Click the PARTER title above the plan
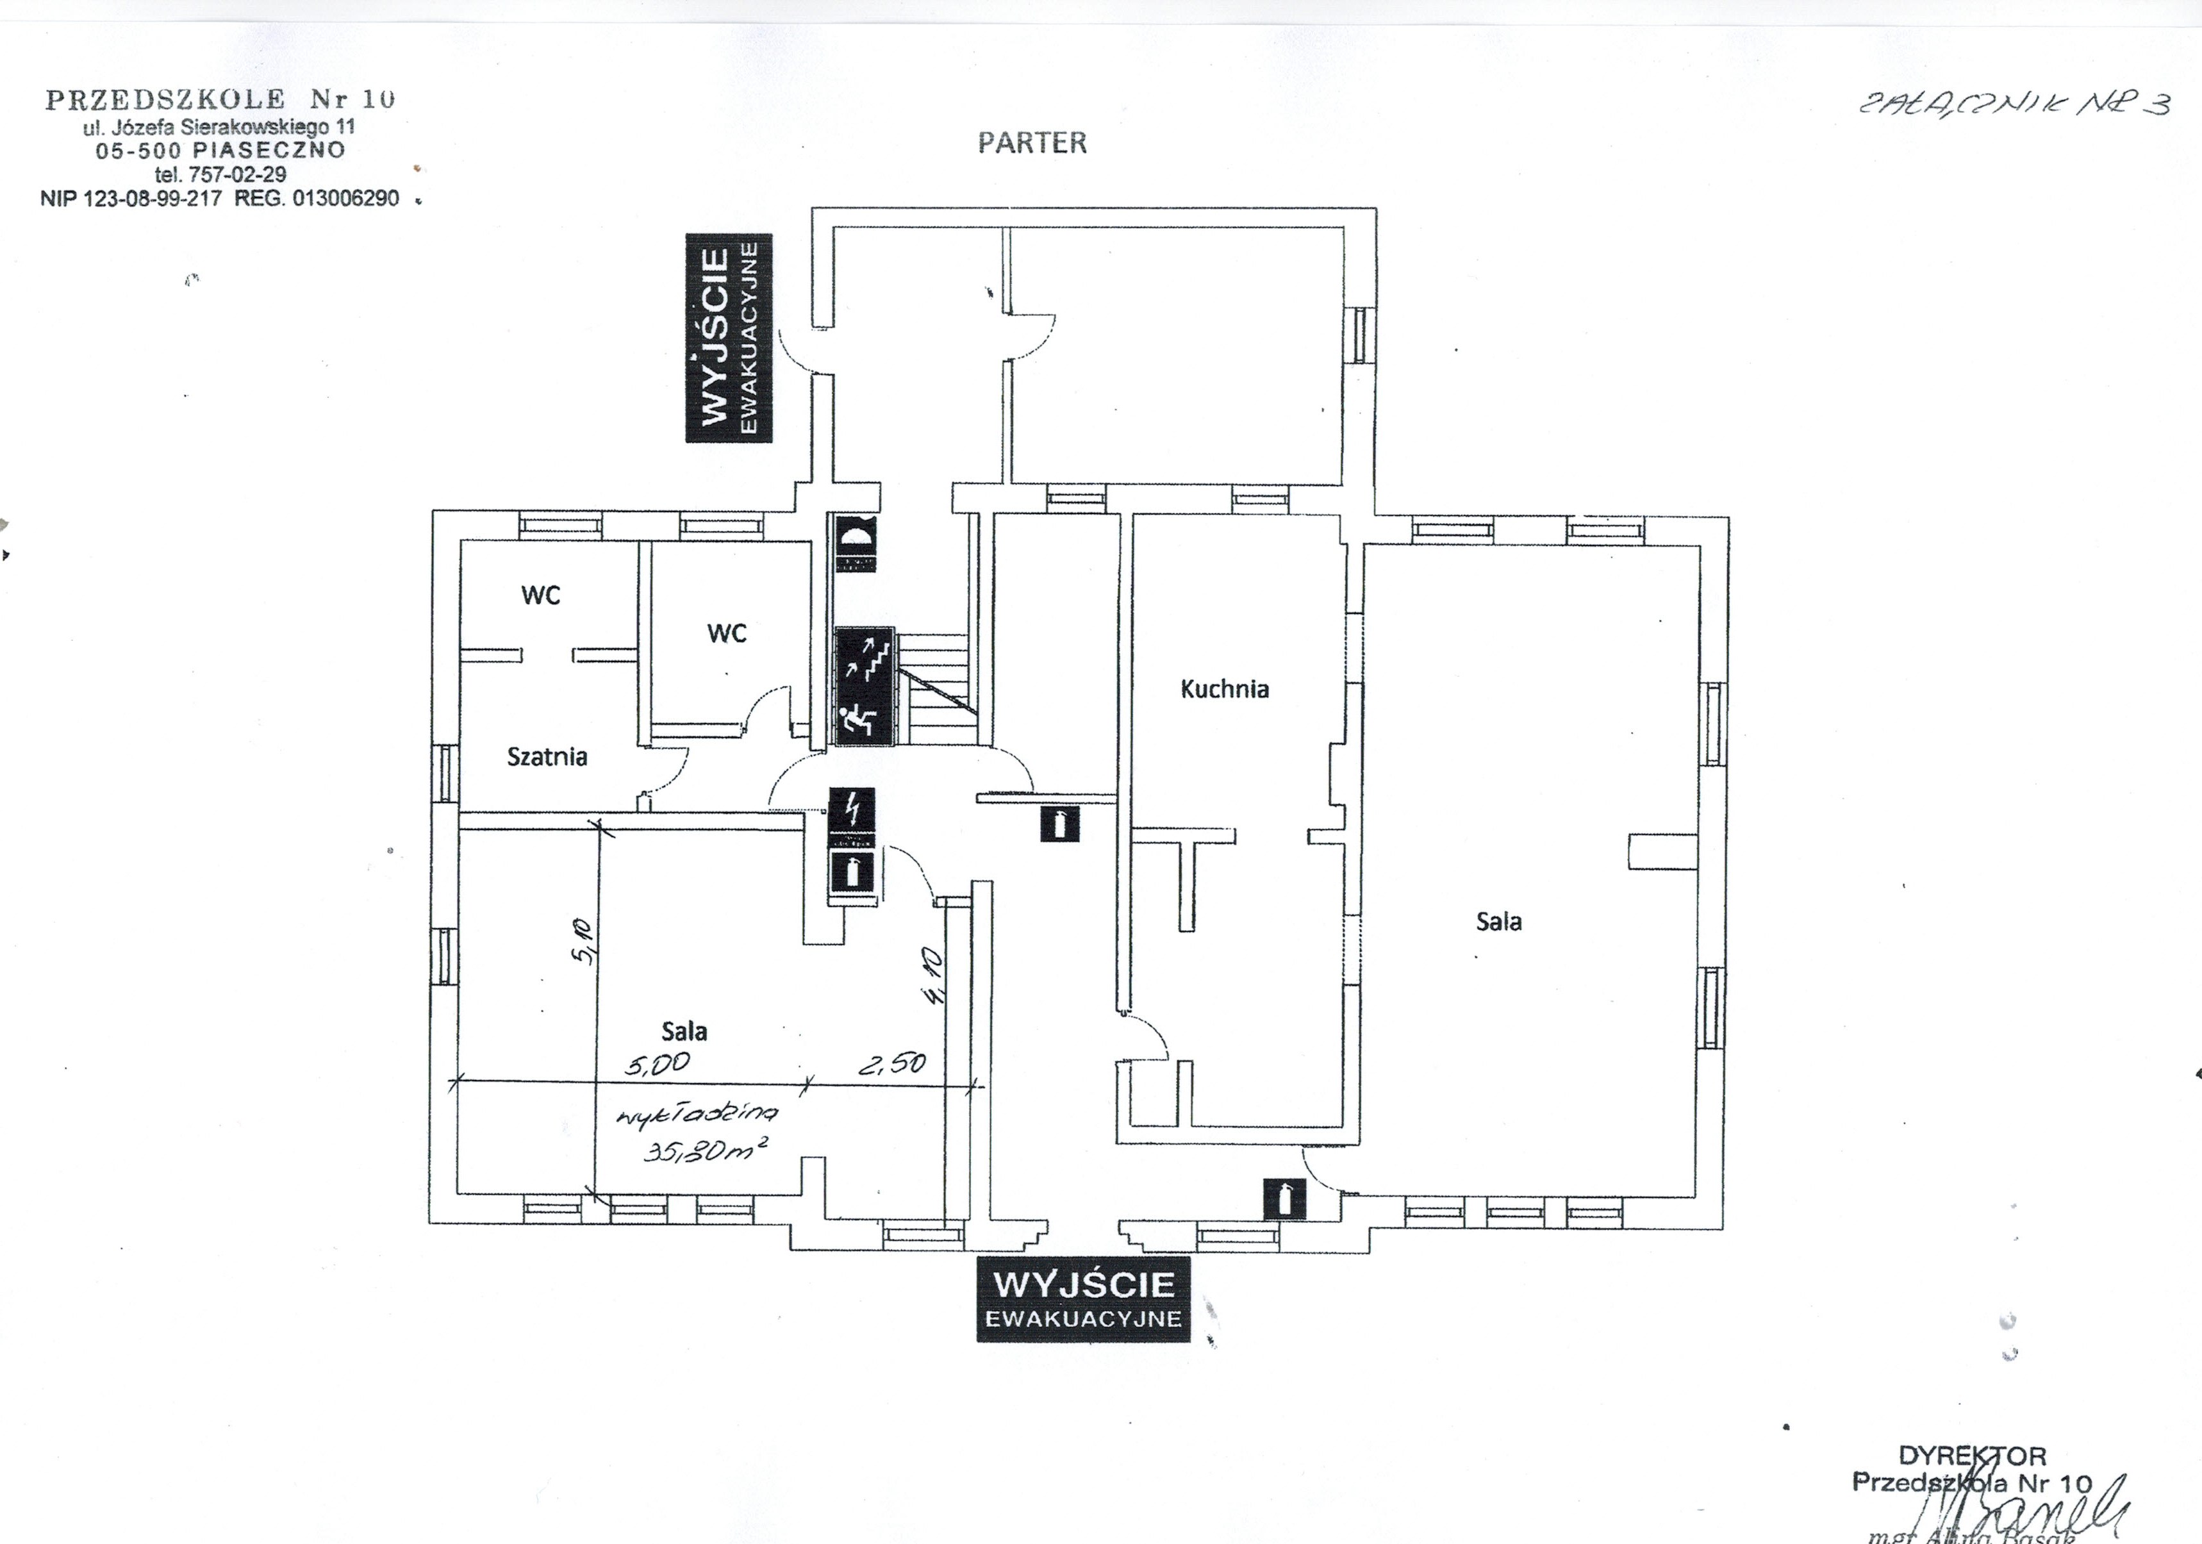coord(1032,144)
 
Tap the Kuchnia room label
coord(1224,688)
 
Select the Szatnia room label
coord(547,757)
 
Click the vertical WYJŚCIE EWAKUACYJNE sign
coord(729,338)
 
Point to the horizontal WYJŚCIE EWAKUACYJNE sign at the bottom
coord(1083,1299)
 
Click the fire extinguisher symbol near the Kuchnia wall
coord(1060,824)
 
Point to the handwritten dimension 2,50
coord(892,1063)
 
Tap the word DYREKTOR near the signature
coord(1972,1456)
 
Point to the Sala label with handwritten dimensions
coord(684,1031)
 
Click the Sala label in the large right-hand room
coord(1498,922)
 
